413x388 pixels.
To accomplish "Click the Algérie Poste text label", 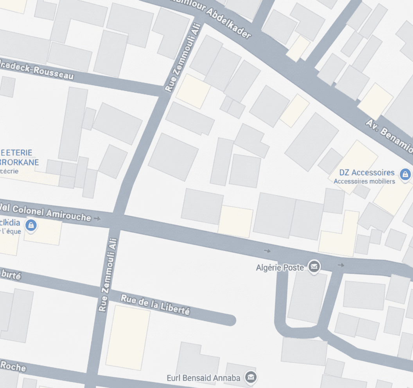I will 280,268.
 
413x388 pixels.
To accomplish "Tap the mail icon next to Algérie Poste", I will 314,267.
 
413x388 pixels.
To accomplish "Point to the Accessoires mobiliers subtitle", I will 364,181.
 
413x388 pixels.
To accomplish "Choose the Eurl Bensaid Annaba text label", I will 203,378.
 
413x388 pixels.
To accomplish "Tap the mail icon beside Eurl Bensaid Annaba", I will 250,377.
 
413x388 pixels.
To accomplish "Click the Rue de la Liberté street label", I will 155,305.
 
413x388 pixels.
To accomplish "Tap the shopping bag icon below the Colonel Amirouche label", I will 31,225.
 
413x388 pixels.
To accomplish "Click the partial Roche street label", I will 13,366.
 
